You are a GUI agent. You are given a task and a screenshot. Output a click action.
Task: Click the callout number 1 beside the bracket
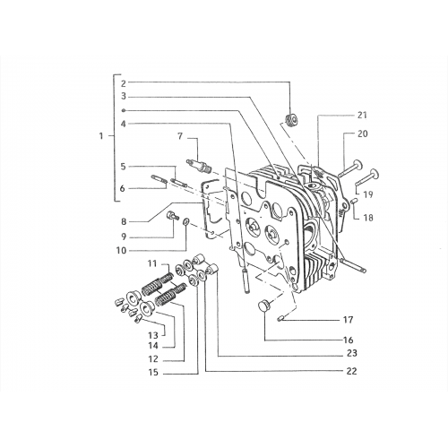point(101,136)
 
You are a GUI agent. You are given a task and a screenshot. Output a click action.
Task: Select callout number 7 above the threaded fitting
point(180,136)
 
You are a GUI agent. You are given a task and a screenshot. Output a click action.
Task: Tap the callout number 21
point(362,116)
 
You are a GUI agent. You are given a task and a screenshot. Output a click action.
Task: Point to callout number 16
point(349,340)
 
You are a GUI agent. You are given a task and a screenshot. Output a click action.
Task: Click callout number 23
point(352,353)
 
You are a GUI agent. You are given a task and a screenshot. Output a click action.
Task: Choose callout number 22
point(352,371)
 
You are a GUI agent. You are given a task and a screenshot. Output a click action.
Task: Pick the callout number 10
point(121,250)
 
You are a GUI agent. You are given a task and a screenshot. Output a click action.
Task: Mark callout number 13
point(153,335)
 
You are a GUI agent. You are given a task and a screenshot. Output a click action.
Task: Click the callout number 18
point(368,218)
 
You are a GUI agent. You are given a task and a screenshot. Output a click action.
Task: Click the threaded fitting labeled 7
point(198,166)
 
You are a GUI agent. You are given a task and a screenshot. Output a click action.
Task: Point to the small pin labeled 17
point(281,320)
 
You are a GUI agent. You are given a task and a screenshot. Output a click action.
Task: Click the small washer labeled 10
point(185,221)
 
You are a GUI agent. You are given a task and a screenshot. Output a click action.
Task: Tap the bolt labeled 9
point(172,215)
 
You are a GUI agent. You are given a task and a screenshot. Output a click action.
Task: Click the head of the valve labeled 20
point(358,165)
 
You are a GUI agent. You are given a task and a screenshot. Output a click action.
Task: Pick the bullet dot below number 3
point(124,110)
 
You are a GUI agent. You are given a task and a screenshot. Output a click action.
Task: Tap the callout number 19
point(368,194)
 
